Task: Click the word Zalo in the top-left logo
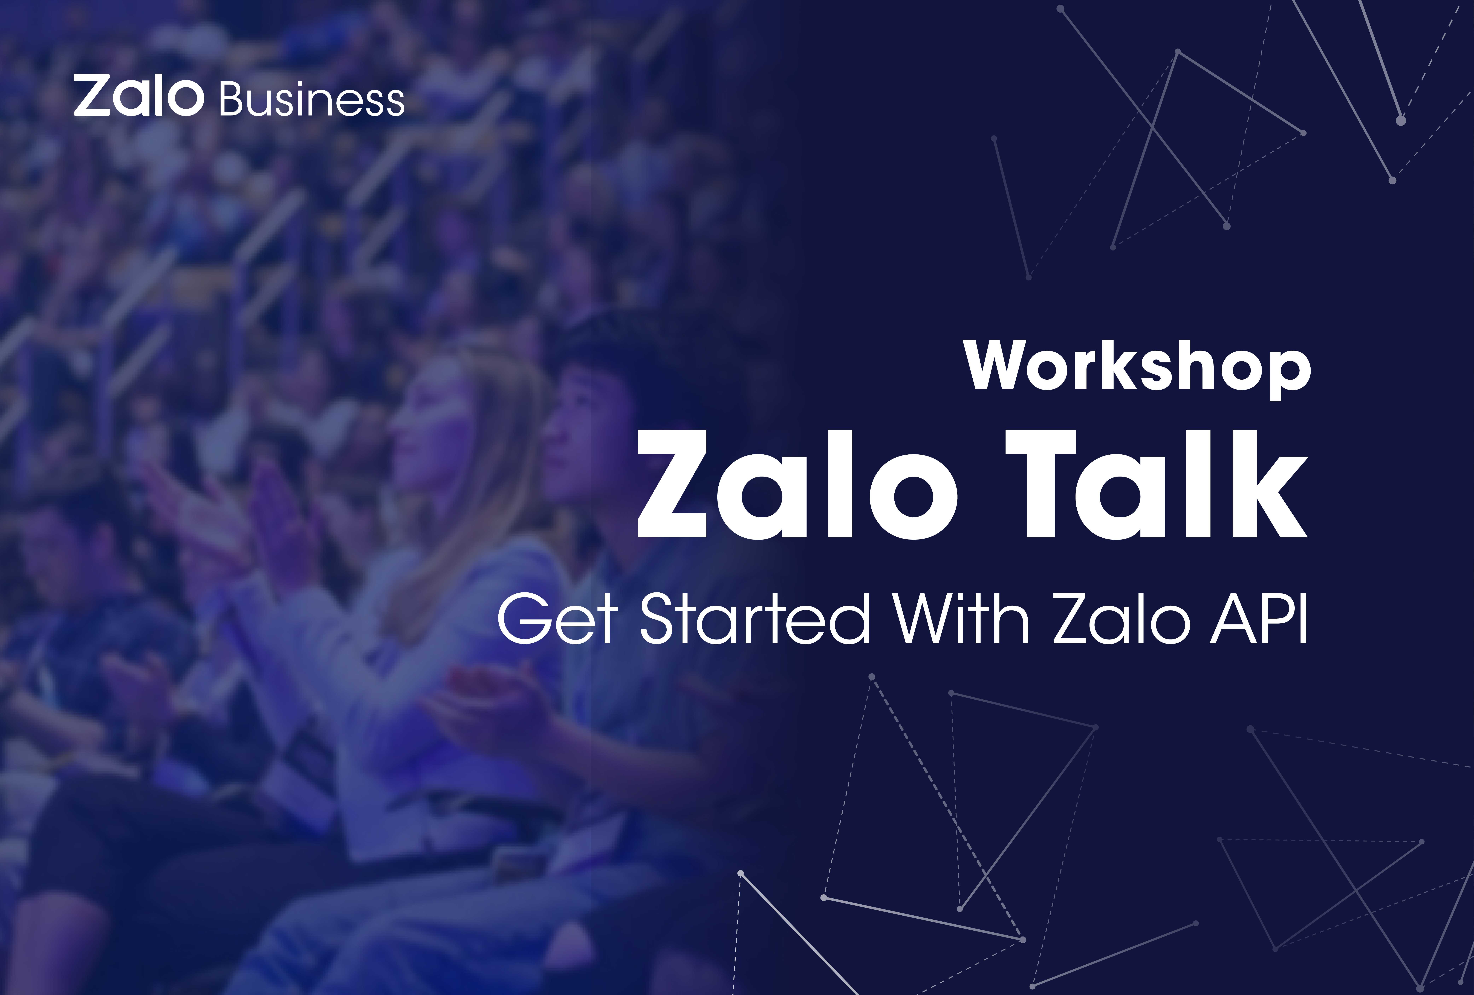click(x=138, y=96)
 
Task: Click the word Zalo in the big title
click(x=797, y=484)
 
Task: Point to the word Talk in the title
click(x=1156, y=484)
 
